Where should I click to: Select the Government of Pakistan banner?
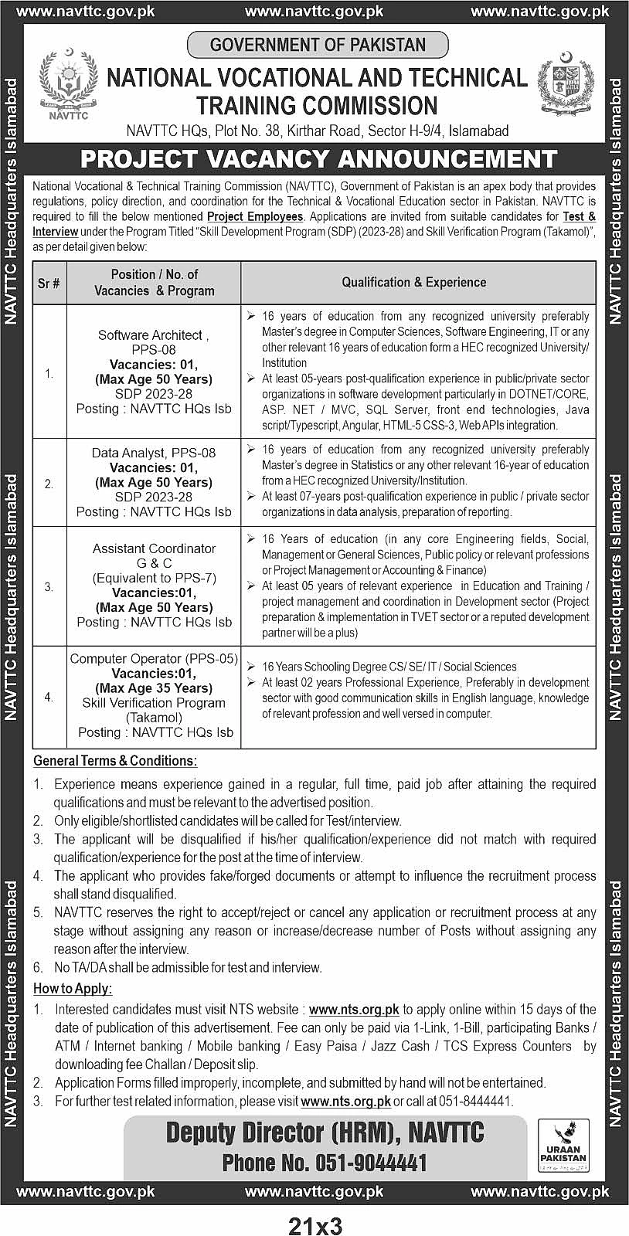[318, 45]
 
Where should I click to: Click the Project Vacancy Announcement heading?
[318, 159]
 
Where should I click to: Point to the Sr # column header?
[49, 283]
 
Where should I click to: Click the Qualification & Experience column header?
[414, 282]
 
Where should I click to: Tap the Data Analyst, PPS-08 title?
[154, 453]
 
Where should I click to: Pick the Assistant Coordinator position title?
[154, 548]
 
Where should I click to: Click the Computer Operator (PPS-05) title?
[154, 659]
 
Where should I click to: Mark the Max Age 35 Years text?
[154, 688]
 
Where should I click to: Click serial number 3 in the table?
[49, 587]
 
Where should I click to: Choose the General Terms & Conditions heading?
[115, 761]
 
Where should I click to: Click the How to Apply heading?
[73, 989]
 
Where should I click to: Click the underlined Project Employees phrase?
[255, 217]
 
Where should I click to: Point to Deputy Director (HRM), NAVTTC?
[325, 1132]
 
